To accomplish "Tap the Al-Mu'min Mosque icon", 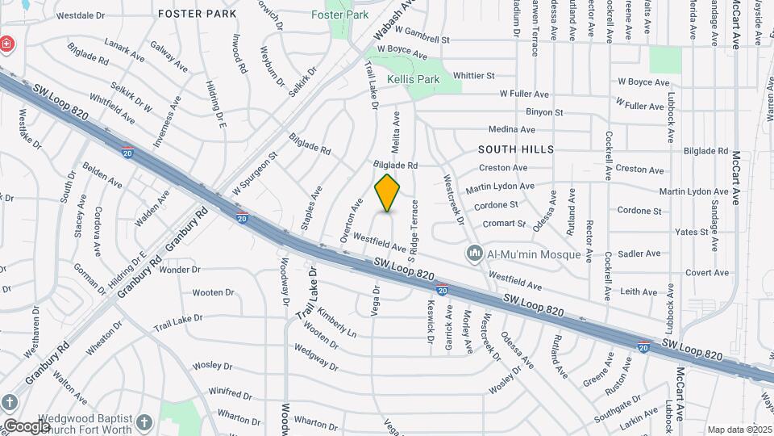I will [475, 254].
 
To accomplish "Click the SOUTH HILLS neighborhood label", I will [516, 149].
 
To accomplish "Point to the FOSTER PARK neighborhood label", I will [198, 14].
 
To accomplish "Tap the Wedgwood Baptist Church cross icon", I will [144, 421].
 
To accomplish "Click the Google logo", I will [26, 426].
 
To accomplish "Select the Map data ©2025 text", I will [739, 430].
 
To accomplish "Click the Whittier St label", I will [473, 76].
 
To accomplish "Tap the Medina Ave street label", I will [512, 129].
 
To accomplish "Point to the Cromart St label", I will [506, 223].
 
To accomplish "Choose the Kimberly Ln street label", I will [336, 321].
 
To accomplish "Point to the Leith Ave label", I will [639, 291].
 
